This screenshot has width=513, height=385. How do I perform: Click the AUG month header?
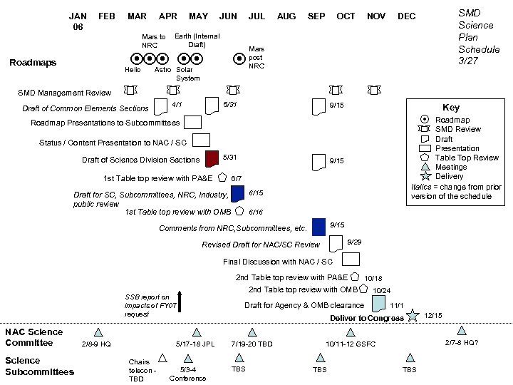tap(286, 16)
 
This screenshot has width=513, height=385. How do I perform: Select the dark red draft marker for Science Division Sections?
tap(211, 158)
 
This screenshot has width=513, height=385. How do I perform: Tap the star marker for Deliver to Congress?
tap(412, 316)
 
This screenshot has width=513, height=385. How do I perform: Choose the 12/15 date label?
tap(432, 315)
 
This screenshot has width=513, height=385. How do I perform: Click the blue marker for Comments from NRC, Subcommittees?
tap(318, 227)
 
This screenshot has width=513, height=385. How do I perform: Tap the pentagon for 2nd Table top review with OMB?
tap(363, 289)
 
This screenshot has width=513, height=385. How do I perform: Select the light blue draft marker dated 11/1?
tap(378, 304)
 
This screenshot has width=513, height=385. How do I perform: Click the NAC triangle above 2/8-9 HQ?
tap(98, 332)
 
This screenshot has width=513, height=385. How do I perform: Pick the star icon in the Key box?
tap(425, 176)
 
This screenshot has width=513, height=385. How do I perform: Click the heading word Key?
tap(451, 108)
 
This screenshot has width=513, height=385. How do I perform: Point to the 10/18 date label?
tap(373, 278)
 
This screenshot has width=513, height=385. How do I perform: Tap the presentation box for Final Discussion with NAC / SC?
tap(350, 260)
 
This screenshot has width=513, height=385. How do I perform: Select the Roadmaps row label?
tap(32, 63)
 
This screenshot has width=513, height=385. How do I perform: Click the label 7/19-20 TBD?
tap(252, 344)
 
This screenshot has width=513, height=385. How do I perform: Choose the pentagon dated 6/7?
tap(222, 177)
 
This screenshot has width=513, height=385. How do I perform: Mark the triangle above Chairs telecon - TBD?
tap(162, 358)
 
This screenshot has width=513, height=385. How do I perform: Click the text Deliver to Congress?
tap(367, 318)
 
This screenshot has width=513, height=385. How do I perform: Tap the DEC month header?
tap(406, 16)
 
